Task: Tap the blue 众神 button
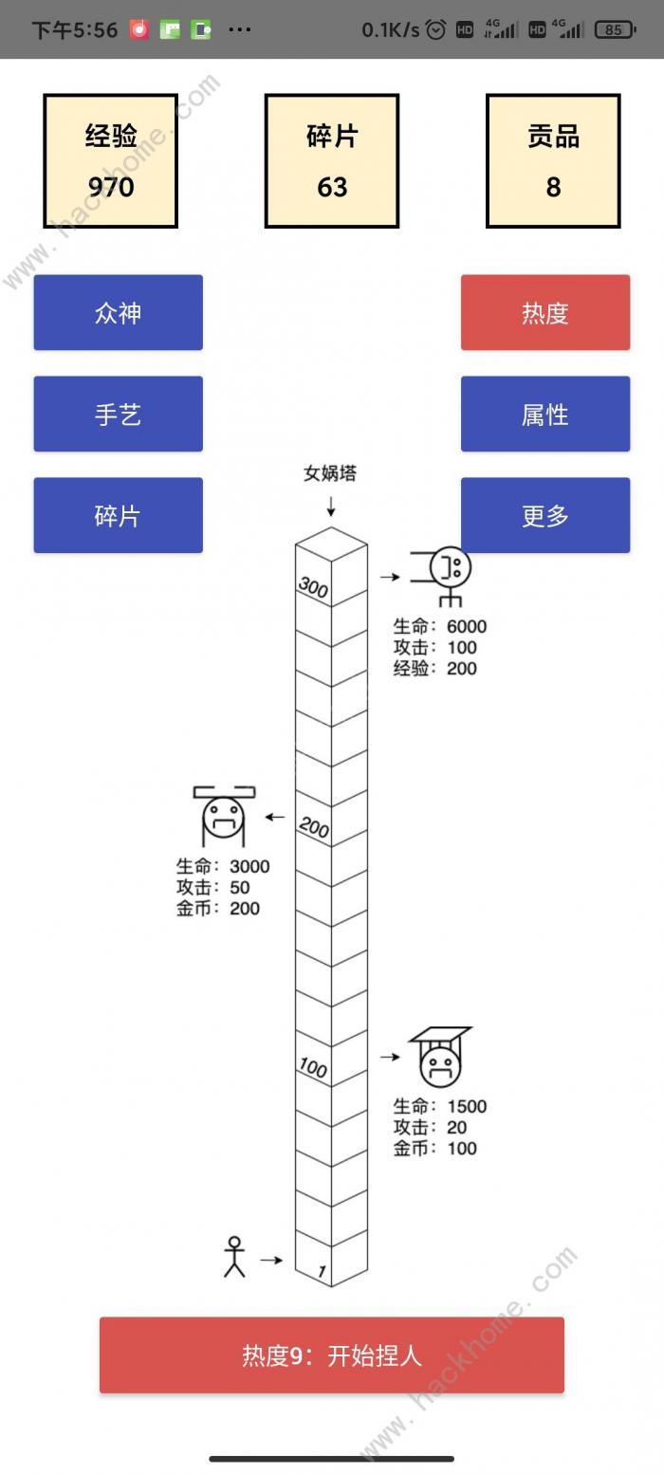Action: coord(118,312)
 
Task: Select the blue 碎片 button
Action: coord(118,515)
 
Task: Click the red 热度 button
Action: coord(545,312)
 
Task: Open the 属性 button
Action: coord(545,414)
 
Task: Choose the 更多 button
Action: coord(545,515)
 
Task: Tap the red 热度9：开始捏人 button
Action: coord(332,1355)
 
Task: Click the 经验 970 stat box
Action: coord(110,160)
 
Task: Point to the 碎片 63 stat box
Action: coord(332,160)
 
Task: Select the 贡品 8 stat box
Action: coord(553,160)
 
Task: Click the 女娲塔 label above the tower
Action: coord(330,473)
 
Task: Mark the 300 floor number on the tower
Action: coord(313,587)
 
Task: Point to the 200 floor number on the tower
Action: coord(313,828)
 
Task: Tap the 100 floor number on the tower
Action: coord(313,1068)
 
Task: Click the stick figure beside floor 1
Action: coord(234,1257)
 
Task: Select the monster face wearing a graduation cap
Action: coord(439,1056)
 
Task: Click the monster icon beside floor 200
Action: coord(224,814)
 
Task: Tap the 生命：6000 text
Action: coord(440,626)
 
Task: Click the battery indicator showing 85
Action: coord(615,29)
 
